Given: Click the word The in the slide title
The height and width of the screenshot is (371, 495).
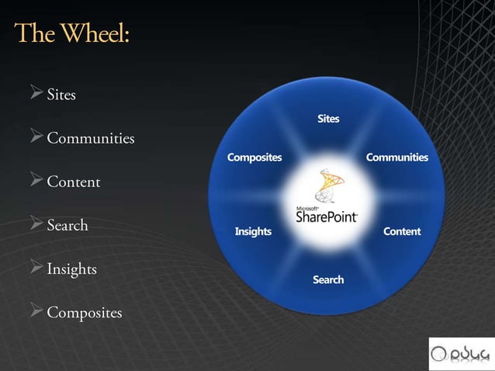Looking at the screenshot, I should tap(35, 35).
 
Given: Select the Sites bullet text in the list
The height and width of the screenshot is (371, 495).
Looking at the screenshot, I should tap(61, 95).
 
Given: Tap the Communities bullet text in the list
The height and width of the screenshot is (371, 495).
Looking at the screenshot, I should tap(91, 139).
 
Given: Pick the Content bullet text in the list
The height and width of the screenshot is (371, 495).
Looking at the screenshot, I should tap(74, 182).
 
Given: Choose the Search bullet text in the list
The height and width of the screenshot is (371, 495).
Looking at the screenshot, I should tap(67, 226).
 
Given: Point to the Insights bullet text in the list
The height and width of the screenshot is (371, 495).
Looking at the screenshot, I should tap(71, 269).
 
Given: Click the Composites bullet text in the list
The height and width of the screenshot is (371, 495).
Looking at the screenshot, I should tap(85, 313).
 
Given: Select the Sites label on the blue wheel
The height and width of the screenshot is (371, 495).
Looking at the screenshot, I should tap(328, 119).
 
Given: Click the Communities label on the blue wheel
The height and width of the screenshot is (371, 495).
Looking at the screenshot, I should tap(396, 158).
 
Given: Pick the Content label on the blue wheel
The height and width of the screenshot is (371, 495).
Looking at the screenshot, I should tap(402, 231).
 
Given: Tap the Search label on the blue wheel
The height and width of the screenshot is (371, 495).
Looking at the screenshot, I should tap(328, 279).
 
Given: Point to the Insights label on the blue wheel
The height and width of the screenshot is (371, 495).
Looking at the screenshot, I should tap(253, 231).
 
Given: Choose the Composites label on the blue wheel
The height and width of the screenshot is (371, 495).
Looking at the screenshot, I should tap(254, 158).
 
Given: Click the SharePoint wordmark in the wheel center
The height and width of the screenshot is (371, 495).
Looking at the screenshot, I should tap(327, 217).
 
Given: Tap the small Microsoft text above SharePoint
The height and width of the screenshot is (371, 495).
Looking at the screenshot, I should tap(306, 207).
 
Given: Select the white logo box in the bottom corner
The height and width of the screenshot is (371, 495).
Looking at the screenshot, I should tap(460, 352).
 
